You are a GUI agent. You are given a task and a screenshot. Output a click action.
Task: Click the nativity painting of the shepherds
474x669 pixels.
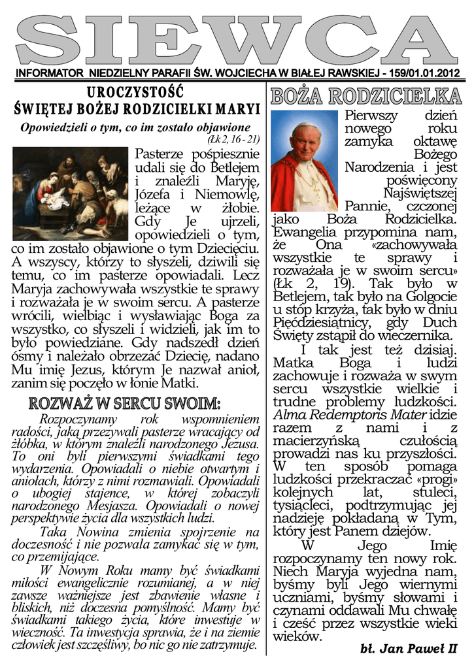(71, 194)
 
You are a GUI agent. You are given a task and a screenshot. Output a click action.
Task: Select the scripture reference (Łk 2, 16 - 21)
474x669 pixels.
(233, 139)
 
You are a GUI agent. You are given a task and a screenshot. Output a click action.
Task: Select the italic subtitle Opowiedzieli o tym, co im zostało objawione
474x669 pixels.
(135, 126)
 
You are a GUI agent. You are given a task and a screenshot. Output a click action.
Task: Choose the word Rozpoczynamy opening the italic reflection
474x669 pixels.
(78, 419)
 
